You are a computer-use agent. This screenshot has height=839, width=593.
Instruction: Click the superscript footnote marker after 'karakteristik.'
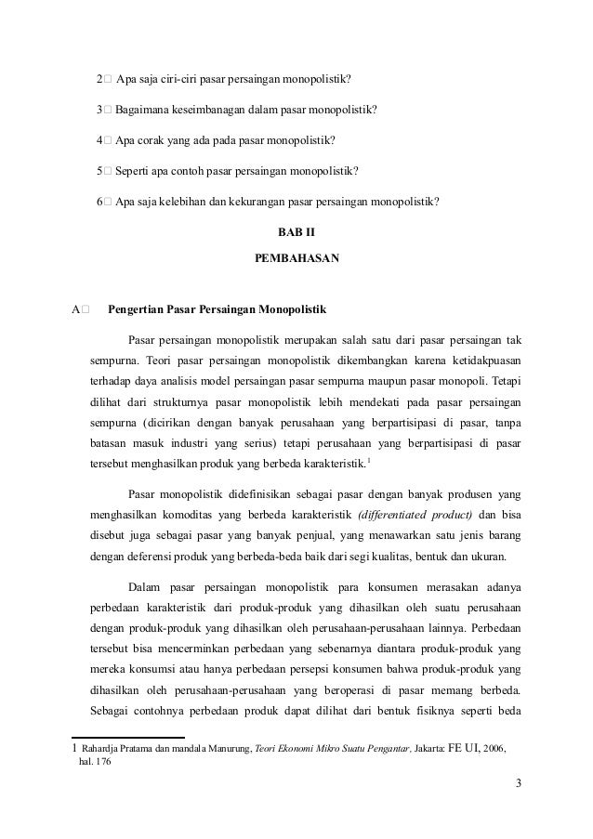pos(370,461)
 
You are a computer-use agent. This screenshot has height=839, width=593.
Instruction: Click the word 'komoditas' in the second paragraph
pos(198,515)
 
